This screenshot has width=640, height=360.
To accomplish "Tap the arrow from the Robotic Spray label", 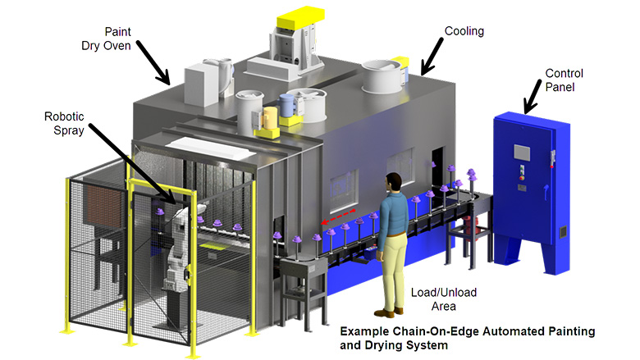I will pyautogui.click(x=135, y=163).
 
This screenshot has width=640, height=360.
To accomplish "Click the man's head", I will pyautogui.click(x=395, y=182).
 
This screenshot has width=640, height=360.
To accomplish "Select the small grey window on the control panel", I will pyautogui.click(x=522, y=152).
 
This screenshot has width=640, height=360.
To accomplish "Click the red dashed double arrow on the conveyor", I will pyautogui.click(x=336, y=217).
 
